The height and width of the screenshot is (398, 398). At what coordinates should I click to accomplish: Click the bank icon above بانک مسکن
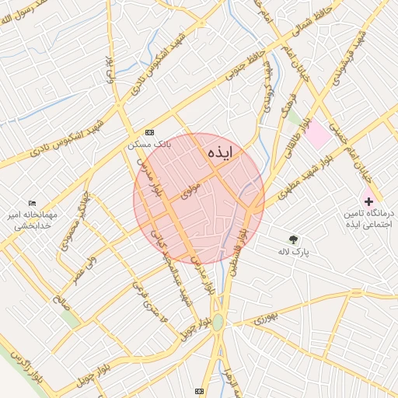[x=149, y=132]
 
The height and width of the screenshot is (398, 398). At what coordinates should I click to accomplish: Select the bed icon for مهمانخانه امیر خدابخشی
[x=32, y=203]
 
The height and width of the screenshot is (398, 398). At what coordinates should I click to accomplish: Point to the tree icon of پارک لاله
[x=293, y=239]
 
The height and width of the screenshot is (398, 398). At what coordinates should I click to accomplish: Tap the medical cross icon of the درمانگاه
[x=368, y=201]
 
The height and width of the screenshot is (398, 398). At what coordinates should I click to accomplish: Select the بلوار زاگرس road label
[x=23, y=365]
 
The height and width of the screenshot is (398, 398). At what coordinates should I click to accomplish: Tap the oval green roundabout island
[x=218, y=323]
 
